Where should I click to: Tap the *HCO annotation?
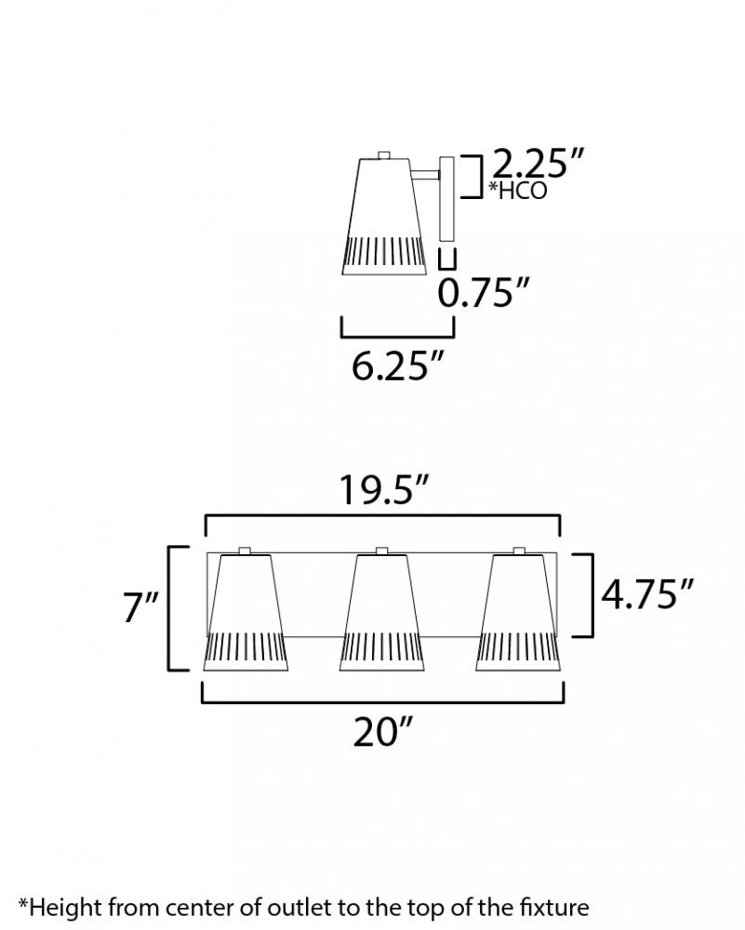(x=517, y=191)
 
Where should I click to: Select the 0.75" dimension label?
(x=483, y=292)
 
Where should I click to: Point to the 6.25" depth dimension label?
(x=397, y=365)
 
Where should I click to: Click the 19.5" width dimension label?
(x=383, y=490)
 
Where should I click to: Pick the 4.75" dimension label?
(x=647, y=593)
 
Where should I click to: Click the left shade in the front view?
(x=246, y=613)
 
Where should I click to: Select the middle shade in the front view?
(x=381, y=613)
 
